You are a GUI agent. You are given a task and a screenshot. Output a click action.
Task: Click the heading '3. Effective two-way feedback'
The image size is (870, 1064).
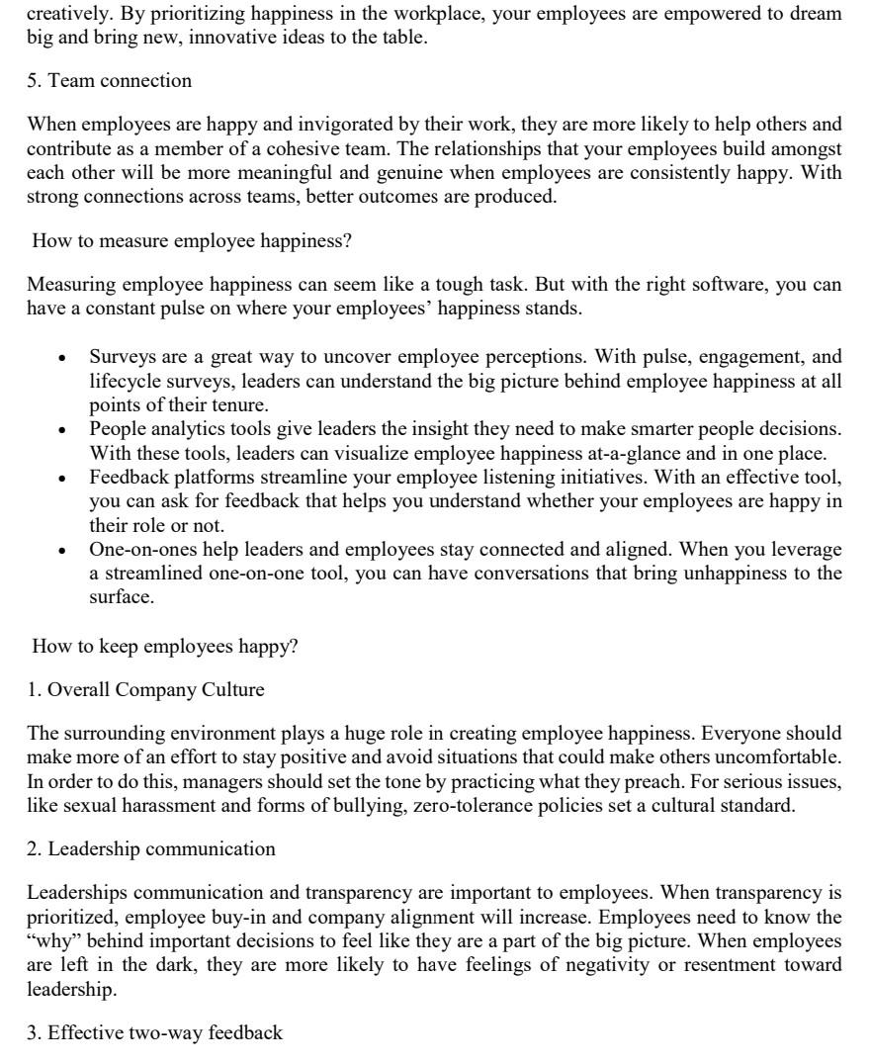click(154, 1033)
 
